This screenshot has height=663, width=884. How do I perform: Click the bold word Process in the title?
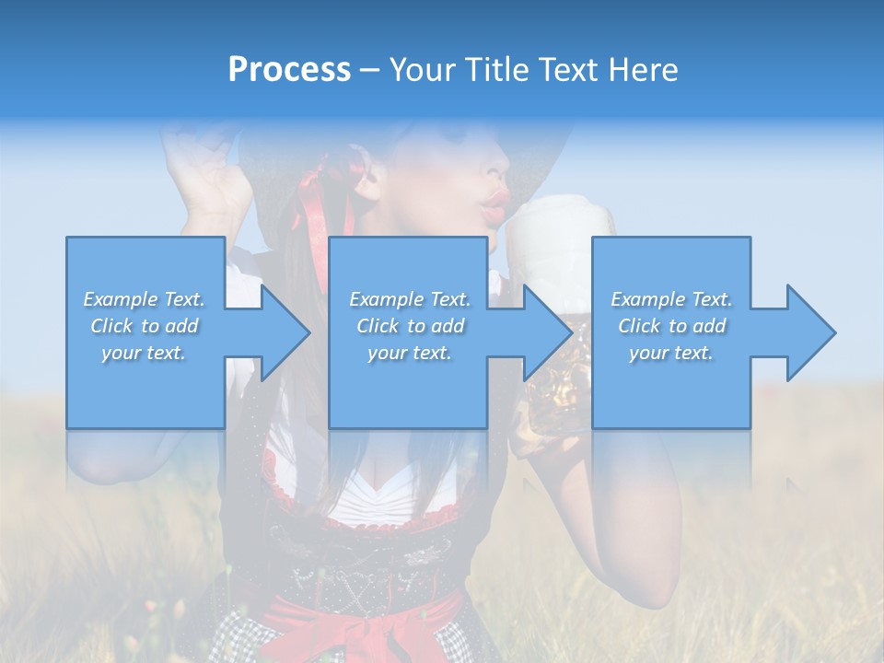289,70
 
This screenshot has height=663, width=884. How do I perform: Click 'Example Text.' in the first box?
145,299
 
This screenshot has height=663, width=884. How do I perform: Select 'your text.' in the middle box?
408,353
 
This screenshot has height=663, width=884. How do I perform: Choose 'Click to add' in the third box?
671,326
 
